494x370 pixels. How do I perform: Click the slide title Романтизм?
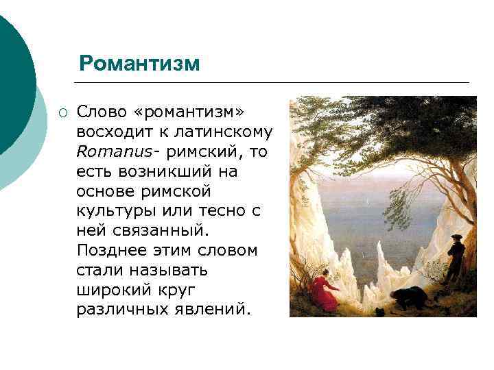click(139, 64)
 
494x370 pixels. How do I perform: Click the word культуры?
click(115, 211)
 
